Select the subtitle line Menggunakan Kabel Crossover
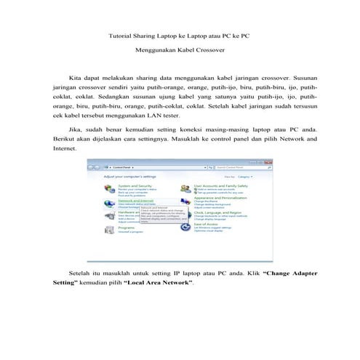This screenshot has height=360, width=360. [x=180, y=50]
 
